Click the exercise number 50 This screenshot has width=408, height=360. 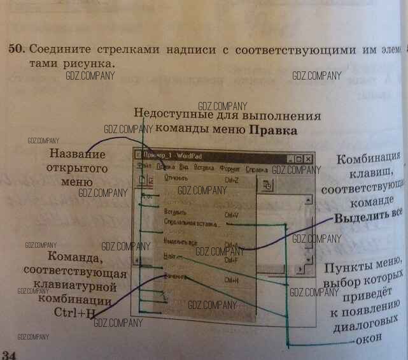coord(15,49)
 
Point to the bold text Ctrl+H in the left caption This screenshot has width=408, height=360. coord(74,313)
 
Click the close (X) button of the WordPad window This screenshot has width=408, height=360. coord(308,159)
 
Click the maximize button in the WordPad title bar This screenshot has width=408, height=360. coord(299,159)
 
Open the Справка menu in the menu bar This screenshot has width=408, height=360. coord(257,169)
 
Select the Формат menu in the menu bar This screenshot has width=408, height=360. coord(230,169)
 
